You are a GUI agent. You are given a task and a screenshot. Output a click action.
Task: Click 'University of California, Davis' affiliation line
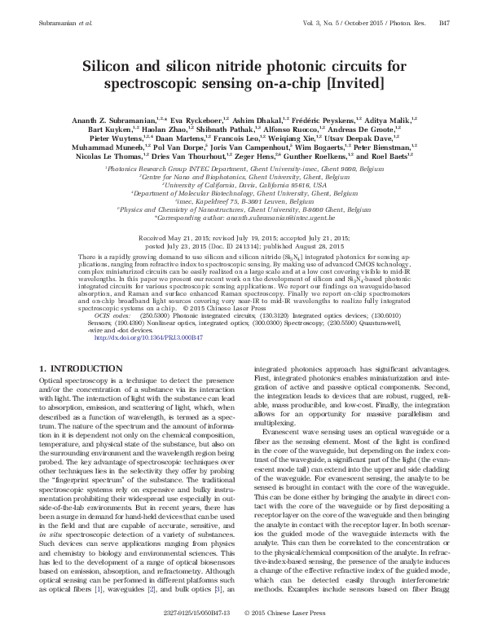click(242, 184)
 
